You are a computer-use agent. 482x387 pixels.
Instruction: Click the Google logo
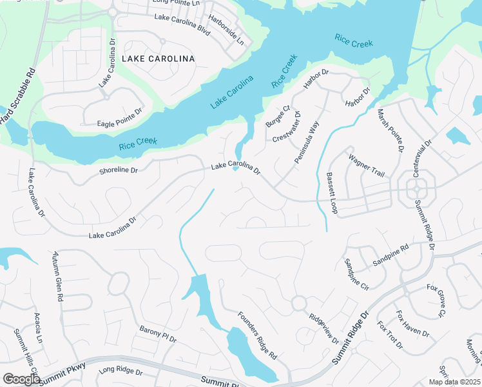(x=21, y=379)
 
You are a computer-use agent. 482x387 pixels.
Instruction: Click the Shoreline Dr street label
(x=119, y=171)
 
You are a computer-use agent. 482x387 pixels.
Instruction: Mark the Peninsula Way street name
(x=307, y=145)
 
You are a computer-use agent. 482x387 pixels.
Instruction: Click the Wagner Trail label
(x=366, y=166)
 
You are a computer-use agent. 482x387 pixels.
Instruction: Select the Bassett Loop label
(x=332, y=193)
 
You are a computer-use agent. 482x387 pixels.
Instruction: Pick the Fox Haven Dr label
(x=412, y=323)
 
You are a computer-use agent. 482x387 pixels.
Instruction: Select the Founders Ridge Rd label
(x=256, y=335)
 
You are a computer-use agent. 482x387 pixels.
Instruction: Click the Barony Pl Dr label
(x=158, y=333)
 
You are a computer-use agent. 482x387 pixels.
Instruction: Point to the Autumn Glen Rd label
(x=57, y=277)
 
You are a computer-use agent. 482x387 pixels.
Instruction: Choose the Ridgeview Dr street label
(x=323, y=328)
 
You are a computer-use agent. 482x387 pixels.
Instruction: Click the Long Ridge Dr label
(x=120, y=372)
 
